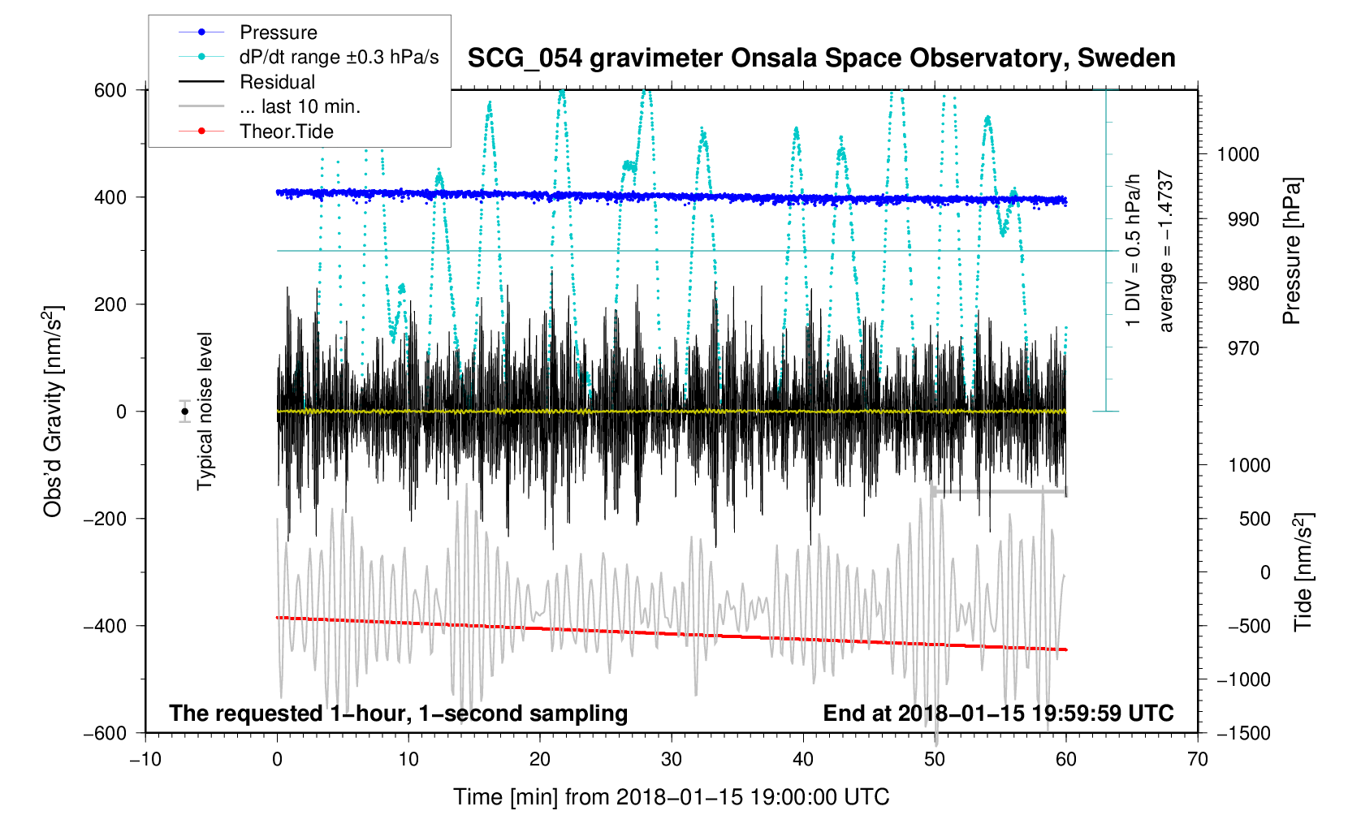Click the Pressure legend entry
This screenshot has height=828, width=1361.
click(x=278, y=32)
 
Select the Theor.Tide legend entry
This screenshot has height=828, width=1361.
click(x=286, y=132)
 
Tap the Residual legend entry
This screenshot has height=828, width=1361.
click(x=277, y=82)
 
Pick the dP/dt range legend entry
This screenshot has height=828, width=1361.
click(x=339, y=57)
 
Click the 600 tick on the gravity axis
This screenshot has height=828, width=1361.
click(x=110, y=90)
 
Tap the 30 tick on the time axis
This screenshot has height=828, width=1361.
click(x=672, y=759)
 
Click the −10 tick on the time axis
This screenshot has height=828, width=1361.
click(x=145, y=759)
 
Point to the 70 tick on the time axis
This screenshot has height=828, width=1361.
click(x=1197, y=759)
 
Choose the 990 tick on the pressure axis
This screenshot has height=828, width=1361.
click(x=1238, y=219)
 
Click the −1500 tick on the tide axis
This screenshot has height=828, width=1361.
click(x=1242, y=733)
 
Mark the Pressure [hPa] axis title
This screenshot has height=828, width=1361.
click(x=1291, y=251)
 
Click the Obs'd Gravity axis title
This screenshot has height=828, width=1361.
click(x=53, y=411)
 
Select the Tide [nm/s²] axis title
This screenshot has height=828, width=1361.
click(x=1303, y=572)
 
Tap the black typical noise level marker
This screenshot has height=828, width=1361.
click(x=185, y=412)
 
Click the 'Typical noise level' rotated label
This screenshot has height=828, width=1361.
click(x=205, y=411)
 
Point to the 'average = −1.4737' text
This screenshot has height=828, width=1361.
click(x=1166, y=251)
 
